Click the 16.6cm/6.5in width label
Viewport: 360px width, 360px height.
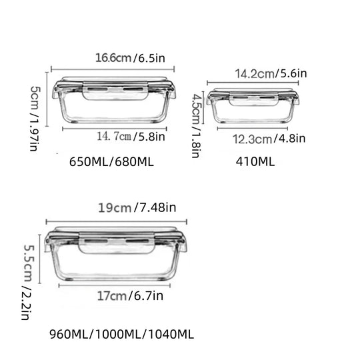(130, 58)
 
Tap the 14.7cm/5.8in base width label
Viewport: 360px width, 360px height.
(131, 137)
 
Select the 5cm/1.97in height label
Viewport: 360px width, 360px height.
(35, 119)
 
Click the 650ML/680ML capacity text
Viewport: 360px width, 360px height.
(111, 162)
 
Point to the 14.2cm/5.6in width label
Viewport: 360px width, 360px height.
(271, 74)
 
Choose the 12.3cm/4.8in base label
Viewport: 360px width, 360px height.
(269, 139)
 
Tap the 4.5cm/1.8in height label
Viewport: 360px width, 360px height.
(196, 126)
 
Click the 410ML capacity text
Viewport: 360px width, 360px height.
(255, 161)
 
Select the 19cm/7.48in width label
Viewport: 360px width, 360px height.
(137, 208)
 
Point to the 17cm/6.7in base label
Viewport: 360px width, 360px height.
(130, 296)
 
